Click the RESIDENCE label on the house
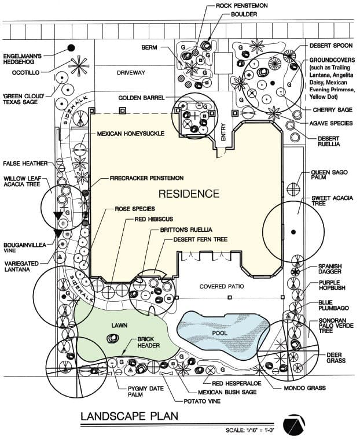point(189,193)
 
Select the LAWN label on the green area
point(119,325)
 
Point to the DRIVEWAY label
point(131,72)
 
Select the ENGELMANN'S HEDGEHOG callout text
point(27,51)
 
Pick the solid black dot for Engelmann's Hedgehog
point(71,47)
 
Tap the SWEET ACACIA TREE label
point(329,202)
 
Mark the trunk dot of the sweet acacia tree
point(293,232)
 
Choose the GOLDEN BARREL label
point(141,98)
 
